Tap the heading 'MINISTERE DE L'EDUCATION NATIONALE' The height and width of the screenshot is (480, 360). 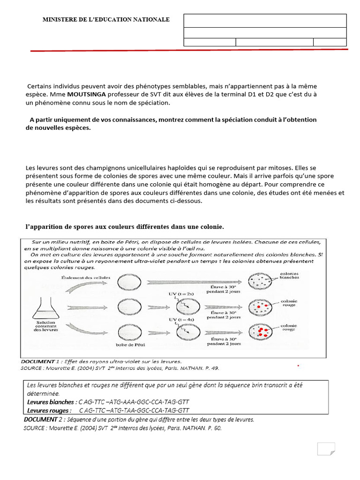106,20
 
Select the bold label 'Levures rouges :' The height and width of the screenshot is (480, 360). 49,410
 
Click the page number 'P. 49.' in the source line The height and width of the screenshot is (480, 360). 211,368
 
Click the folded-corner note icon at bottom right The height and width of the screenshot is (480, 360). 326,449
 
